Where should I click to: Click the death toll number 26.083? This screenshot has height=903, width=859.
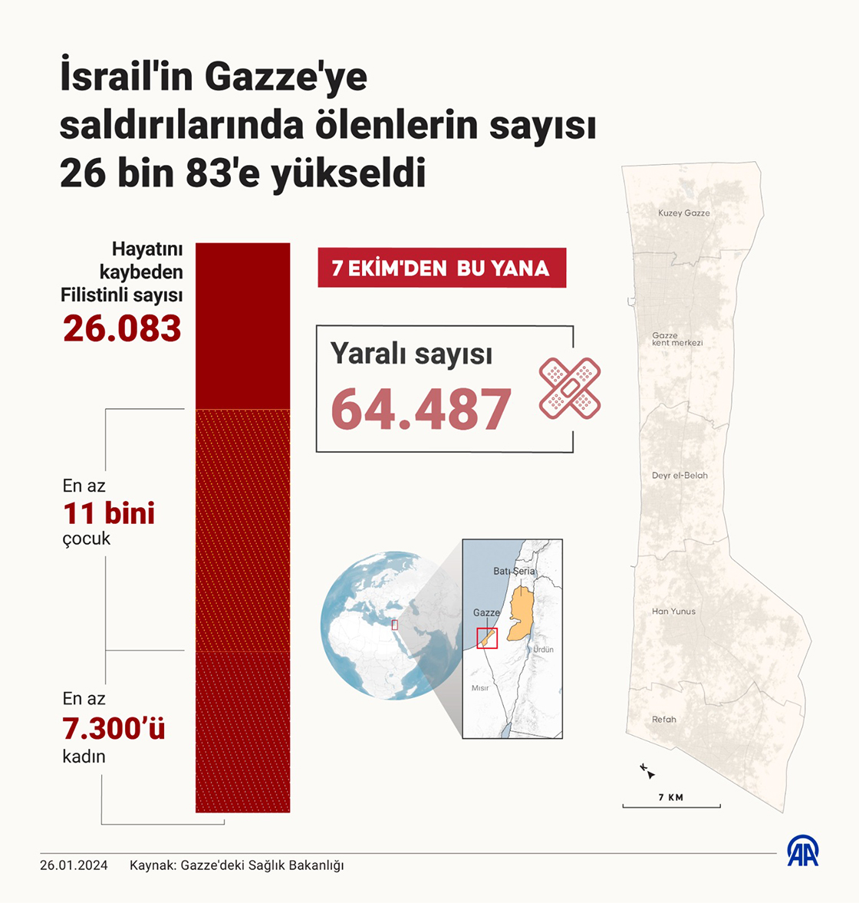[122, 328]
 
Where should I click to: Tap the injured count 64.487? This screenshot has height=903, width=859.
[421, 409]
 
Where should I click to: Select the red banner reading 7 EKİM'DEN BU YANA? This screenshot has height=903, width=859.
[441, 268]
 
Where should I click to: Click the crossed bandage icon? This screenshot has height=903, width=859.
[570, 388]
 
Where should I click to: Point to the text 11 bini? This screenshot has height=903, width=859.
[109, 513]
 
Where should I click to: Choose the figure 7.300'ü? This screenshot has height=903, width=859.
[114, 728]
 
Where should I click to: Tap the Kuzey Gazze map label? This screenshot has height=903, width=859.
[684, 213]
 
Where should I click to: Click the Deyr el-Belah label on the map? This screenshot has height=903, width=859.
[680, 476]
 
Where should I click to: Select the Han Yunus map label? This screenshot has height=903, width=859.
[673, 611]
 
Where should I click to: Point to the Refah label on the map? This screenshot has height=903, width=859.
[664, 720]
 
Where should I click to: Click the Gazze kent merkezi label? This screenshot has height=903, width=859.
[676, 339]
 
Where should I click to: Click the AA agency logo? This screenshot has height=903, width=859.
[803, 850]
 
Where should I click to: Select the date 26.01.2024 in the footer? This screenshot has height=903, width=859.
[74, 865]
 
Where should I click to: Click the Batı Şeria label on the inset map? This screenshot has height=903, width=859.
[514, 572]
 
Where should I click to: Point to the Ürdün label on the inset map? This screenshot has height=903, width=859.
[543, 650]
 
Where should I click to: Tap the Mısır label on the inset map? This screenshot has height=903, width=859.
[480, 688]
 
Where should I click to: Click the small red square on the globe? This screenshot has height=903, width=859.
[395, 625]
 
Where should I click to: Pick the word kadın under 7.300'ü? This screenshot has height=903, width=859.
[84, 756]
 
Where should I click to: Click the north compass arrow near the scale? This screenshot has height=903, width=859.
[647, 771]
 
